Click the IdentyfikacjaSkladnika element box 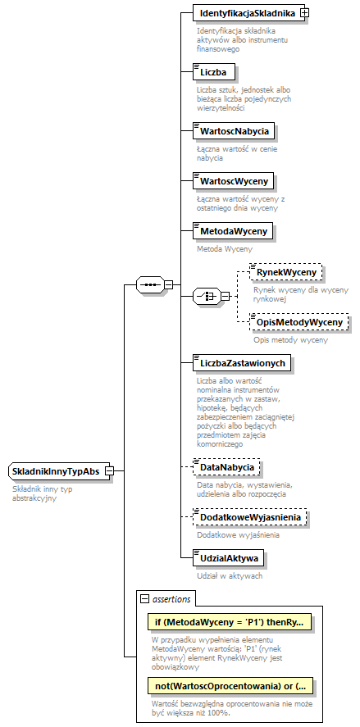[x=245, y=13]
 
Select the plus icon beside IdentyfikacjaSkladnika [x=304, y=13]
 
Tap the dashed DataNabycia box [x=226, y=467]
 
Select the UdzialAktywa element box [x=226, y=558]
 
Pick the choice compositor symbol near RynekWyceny [x=206, y=296]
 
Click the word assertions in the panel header [x=172, y=598]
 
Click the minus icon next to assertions [x=145, y=598]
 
